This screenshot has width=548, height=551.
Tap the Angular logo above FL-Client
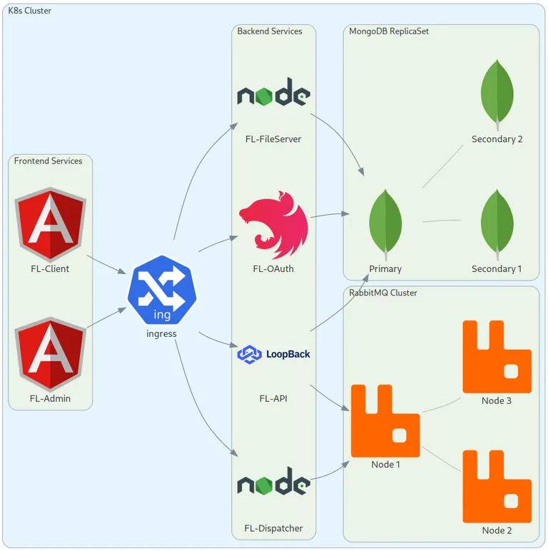[51, 224]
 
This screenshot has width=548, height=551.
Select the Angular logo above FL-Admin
[51, 353]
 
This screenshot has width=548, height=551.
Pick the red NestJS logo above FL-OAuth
[273, 225]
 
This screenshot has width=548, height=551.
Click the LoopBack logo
[274, 354]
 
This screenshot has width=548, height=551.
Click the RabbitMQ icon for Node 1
[385, 420]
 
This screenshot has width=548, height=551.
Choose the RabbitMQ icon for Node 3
[497, 357]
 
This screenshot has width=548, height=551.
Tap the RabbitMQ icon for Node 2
[497, 486]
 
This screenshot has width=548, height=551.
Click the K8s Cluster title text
[29, 11]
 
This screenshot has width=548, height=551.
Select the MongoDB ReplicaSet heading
[389, 31]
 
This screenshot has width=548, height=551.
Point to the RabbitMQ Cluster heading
[383, 293]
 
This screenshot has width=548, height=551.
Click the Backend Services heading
[270, 31]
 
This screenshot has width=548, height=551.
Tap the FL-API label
[273, 398]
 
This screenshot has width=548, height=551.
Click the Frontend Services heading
[48, 161]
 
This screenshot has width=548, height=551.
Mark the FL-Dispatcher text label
[273, 529]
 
